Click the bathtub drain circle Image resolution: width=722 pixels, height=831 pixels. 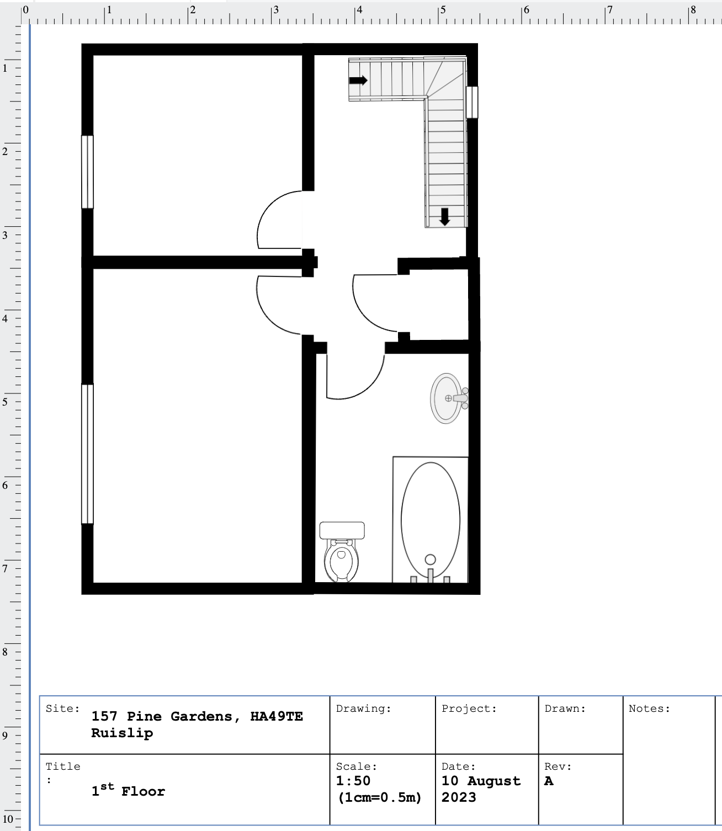coord(431,560)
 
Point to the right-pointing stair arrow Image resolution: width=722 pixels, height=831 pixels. coord(358,81)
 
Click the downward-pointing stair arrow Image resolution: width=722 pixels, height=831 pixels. coord(445,217)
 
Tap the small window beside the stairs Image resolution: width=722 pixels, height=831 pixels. coord(472,102)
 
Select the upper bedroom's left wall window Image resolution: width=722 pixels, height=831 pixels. coord(87,172)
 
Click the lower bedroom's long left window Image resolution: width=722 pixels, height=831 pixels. coord(87,454)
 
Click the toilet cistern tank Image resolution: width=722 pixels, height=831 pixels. coord(342,530)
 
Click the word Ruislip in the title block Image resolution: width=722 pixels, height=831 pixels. coord(122,733)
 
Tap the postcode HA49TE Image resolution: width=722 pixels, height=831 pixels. coord(277,716)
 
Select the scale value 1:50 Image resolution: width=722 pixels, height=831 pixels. coord(353,780)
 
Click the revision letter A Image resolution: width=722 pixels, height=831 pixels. coord(549,781)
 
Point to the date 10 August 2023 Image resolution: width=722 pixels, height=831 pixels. coord(481,789)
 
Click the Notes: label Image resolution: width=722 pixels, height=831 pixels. coord(649,709)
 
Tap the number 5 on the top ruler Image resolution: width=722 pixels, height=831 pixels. coord(443,10)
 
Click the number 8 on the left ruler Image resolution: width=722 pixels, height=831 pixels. coord(5,652)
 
